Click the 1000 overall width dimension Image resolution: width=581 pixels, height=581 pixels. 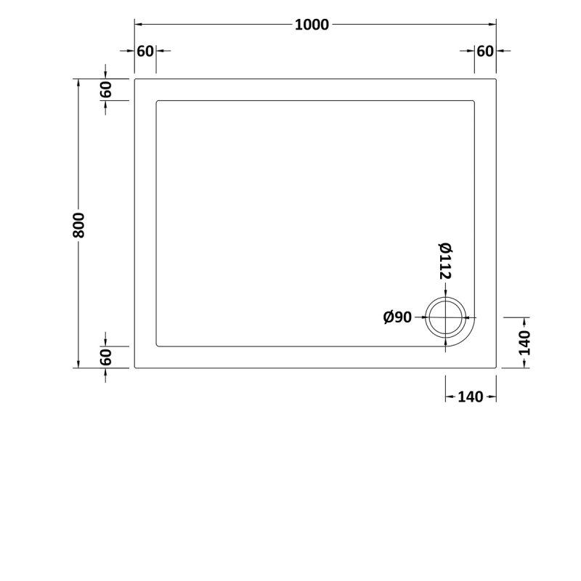pyautogui.click(x=312, y=24)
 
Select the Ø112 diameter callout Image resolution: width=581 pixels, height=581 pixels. pyautogui.click(x=445, y=262)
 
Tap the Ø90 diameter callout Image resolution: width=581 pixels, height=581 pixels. pyautogui.click(x=397, y=317)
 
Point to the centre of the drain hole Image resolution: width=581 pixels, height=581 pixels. pyautogui.click(x=446, y=317)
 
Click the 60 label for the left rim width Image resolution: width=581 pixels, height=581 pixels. pyautogui.click(x=145, y=51)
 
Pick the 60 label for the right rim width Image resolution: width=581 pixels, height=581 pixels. pyautogui.click(x=485, y=51)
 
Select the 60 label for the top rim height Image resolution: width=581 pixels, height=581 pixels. pyautogui.click(x=106, y=89)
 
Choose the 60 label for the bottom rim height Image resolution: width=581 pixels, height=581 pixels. pyautogui.click(x=106, y=357)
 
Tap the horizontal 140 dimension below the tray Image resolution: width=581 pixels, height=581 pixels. pyautogui.click(x=471, y=397)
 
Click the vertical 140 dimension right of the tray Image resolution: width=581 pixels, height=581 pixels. pyautogui.click(x=525, y=343)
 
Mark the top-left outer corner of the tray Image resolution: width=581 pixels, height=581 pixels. pyautogui.click(x=135, y=78)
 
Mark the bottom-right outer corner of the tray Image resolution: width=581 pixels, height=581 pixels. pyautogui.click(x=497, y=368)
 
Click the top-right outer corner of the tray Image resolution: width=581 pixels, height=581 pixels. pyautogui.click(x=497, y=78)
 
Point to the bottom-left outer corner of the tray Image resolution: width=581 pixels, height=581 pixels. pyautogui.click(x=135, y=368)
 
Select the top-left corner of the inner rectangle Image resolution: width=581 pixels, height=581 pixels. pyautogui.click(x=157, y=101)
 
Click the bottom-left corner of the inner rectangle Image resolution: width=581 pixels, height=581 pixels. pyautogui.click(x=157, y=346)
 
